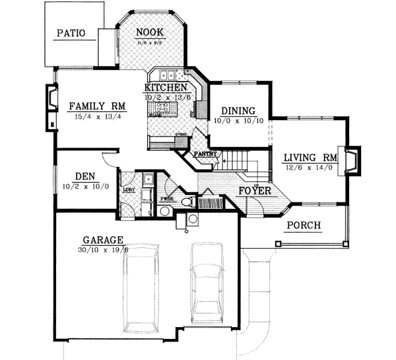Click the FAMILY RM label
click(x=97, y=105)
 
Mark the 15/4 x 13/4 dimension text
click(x=97, y=116)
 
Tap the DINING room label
click(x=238, y=111)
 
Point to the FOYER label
click(x=255, y=191)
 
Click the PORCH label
click(x=304, y=225)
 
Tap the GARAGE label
click(x=104, y=239)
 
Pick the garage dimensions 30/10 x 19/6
click(x=104, y=250)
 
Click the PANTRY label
click(x=203, y=154)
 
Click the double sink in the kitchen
click(x=166, y=75)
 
